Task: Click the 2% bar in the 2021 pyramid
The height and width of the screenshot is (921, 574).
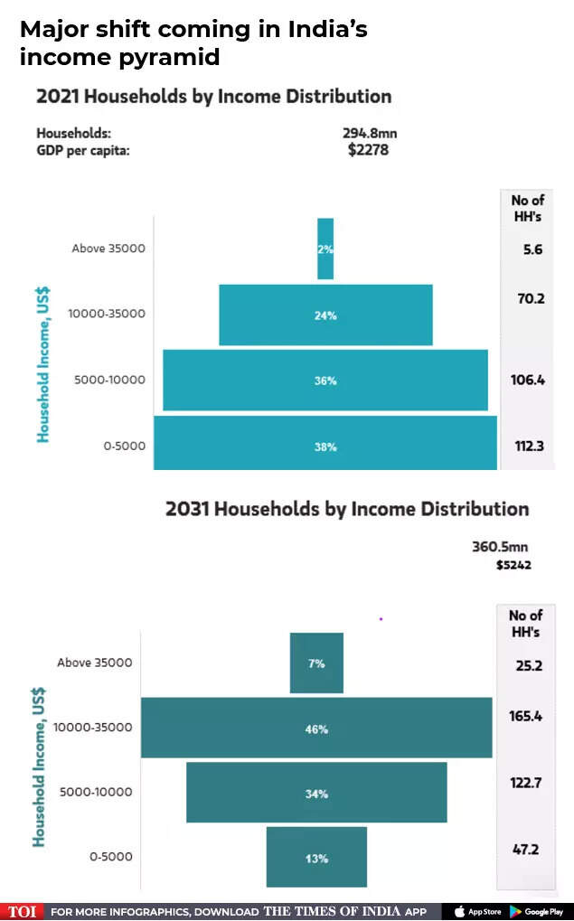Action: (325, 249)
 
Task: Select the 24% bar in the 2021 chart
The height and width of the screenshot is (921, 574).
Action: (325, 315)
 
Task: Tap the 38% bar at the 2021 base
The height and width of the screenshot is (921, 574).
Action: (325, 444)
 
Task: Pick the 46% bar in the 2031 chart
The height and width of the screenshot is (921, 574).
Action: (316, 728)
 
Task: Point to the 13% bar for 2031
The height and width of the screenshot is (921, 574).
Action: (316, 857)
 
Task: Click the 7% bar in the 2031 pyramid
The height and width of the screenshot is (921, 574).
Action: (316, 663)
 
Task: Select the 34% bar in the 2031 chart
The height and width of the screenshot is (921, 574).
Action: (316, 793)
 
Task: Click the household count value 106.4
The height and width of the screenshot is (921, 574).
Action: (527, 380)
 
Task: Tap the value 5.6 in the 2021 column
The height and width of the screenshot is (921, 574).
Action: (532, 249)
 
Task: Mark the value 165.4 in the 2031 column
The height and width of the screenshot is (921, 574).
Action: (525, 716)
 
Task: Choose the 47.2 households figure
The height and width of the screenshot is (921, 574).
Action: (525, 851)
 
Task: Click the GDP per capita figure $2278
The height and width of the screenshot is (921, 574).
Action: (368, 150)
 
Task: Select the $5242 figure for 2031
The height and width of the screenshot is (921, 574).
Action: (513, 565)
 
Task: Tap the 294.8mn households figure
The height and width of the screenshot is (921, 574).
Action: (370, 134)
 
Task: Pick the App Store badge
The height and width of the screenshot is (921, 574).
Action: (477, 911)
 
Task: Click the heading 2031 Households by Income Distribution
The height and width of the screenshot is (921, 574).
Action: (347, 509)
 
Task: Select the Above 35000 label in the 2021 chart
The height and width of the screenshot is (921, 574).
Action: (108, 249)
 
